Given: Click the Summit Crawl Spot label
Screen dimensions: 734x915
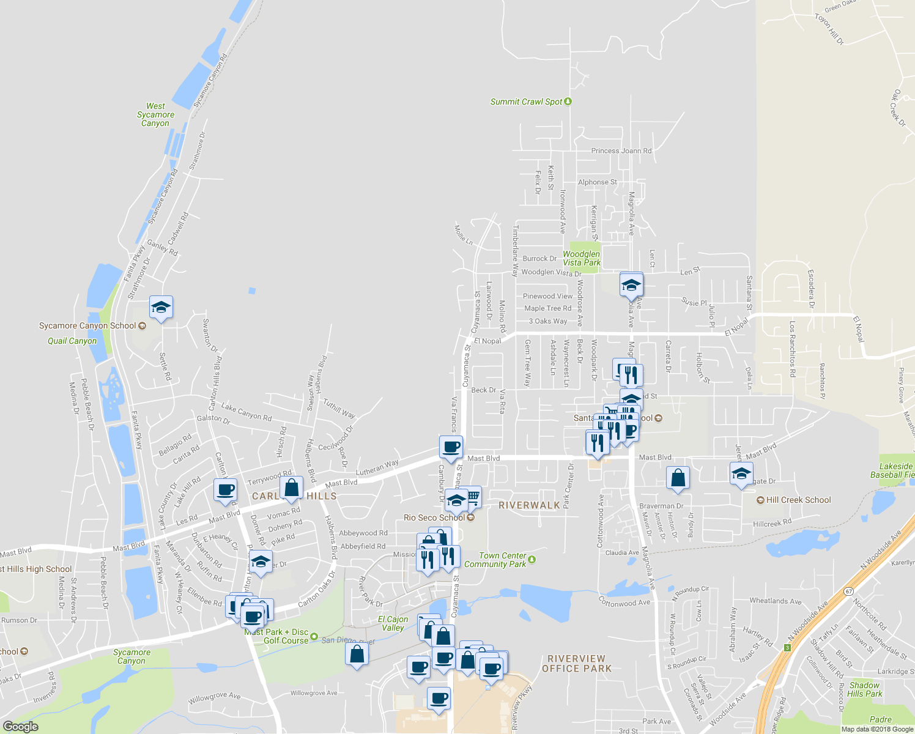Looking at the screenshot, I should coord(526,102).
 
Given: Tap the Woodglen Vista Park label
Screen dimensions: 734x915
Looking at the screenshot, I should coord(581,258).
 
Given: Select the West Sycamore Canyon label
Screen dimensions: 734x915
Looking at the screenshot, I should coord(155,114).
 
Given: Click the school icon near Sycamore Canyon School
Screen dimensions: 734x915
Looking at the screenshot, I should coord(161,307).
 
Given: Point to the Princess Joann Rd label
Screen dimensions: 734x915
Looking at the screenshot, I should coord(621,150).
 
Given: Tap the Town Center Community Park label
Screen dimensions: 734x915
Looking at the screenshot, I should coord(495,560).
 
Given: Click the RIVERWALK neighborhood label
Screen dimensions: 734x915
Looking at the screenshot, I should coord(529,505).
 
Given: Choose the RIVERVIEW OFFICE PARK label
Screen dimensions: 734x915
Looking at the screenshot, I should coord(576,664).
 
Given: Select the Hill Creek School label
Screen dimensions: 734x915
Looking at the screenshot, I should coord(798,500).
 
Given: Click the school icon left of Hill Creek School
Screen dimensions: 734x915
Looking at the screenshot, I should coord(741,473).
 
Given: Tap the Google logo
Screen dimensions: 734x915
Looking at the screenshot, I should coord(20,727).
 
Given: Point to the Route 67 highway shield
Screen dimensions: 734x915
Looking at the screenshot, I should coord(848,591).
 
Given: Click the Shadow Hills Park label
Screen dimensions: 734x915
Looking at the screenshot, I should coord(864,689).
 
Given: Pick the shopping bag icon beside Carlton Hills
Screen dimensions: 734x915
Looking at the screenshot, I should coord(292,488).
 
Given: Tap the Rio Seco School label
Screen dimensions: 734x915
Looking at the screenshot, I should coord(434,517).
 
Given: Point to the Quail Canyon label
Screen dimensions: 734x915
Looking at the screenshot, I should coord(72,341).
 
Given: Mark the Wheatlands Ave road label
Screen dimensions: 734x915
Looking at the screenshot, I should coord(775,601).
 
